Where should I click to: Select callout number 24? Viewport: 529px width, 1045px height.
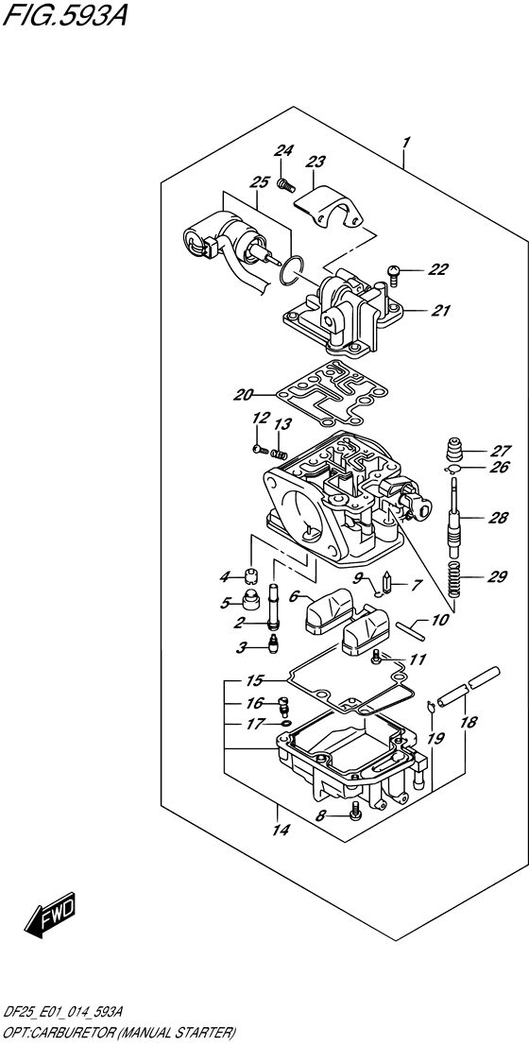tap(283, 151)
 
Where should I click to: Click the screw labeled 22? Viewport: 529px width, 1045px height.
tap(393, 274)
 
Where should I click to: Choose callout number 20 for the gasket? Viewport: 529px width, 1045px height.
tap(243, 395)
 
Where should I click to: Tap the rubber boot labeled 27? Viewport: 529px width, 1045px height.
tap(455, 449)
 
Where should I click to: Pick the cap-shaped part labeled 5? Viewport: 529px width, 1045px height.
tap(250, 600)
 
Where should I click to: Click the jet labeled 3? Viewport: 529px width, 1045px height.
tap(272, 643)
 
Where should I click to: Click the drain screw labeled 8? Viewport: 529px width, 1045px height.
tap(355, 811)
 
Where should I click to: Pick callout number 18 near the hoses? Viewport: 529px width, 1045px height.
tap(469, 722)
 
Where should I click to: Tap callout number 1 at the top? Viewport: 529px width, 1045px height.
tap(405, 142)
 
